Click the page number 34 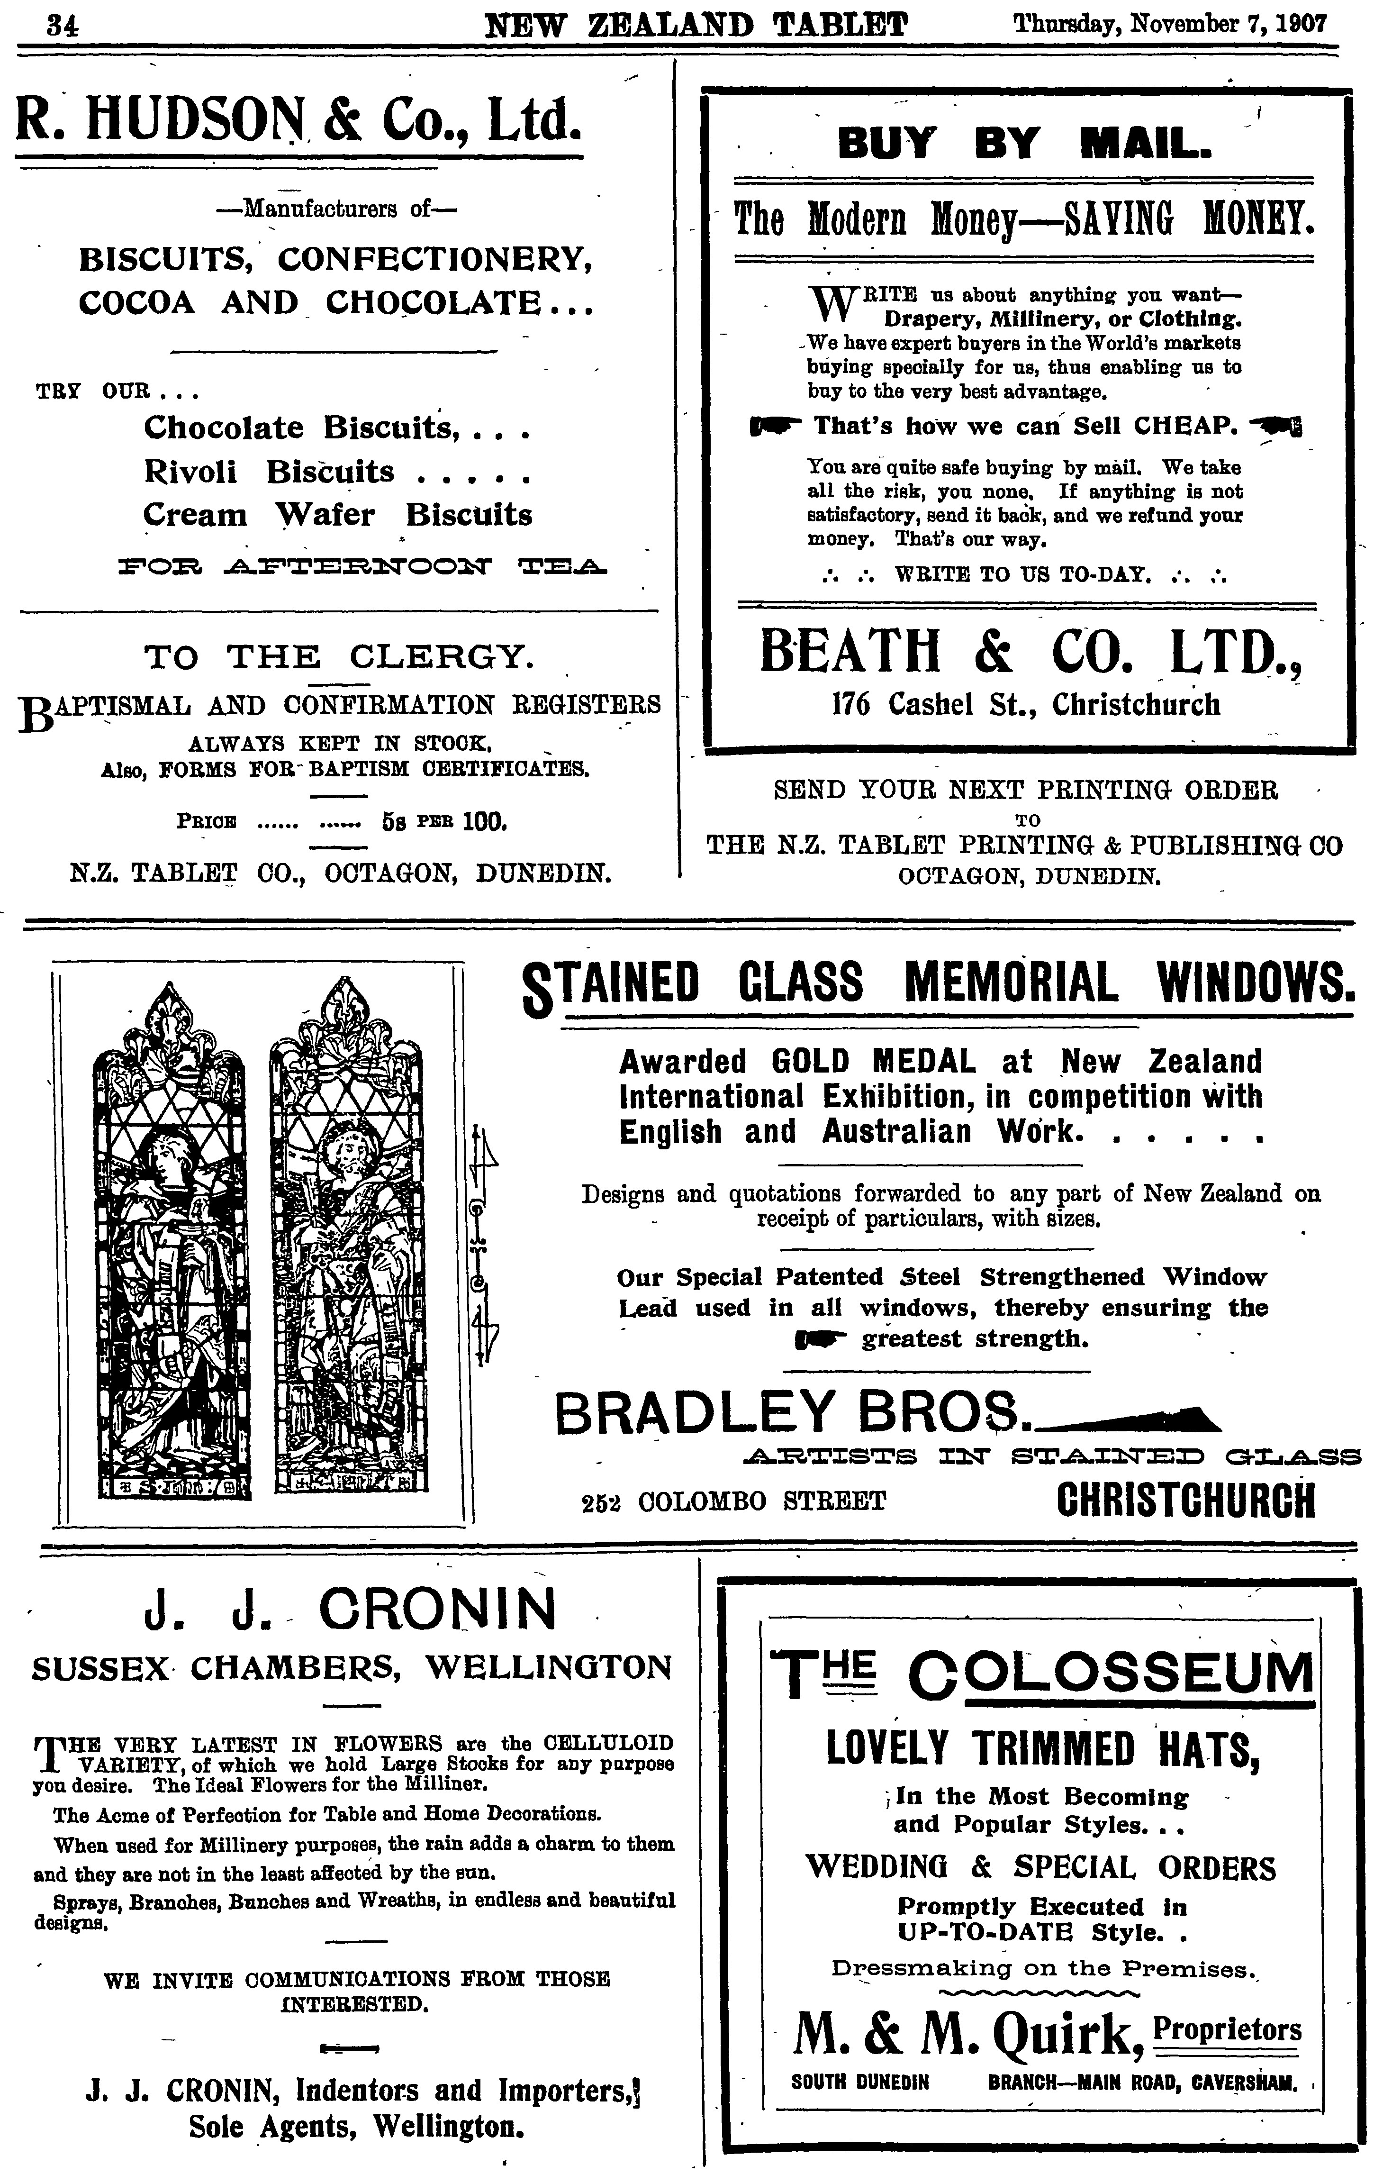pos(63,24)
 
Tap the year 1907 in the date pos(1302,24)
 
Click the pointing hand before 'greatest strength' pos(820,1340)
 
